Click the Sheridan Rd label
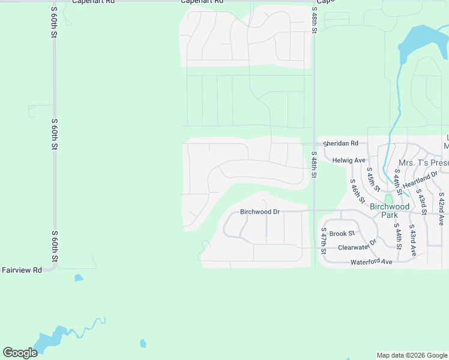click(340, 144)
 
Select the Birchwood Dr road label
click(260, 212)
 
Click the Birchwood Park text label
click(390, 211)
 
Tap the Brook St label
click(342, 234)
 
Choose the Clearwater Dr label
click(357, 246)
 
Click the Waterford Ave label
click(371, 262)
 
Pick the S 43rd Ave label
click(413, 241)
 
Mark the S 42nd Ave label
click(442, 208)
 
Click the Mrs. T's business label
click(424, 163)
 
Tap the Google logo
click(20, 353)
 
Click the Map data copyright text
click(412, 355)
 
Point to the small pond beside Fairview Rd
click(79, 278)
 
